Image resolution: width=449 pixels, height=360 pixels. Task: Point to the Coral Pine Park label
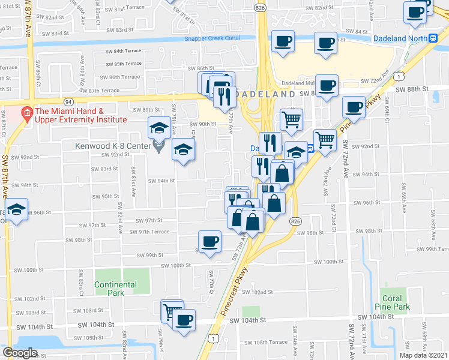(x=396, y=302)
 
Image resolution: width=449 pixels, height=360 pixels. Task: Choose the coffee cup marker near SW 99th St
(x=209, y=242)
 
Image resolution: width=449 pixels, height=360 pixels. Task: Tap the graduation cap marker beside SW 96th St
(x=16, y=211)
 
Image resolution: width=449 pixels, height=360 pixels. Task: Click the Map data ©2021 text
(x=423, y=355)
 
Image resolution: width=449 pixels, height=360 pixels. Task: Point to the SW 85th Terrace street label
(x=123, y=64)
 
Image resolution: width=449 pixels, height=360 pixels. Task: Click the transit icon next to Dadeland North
(x=433, y=38)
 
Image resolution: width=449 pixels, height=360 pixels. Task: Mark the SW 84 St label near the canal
(x=357, y=31)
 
